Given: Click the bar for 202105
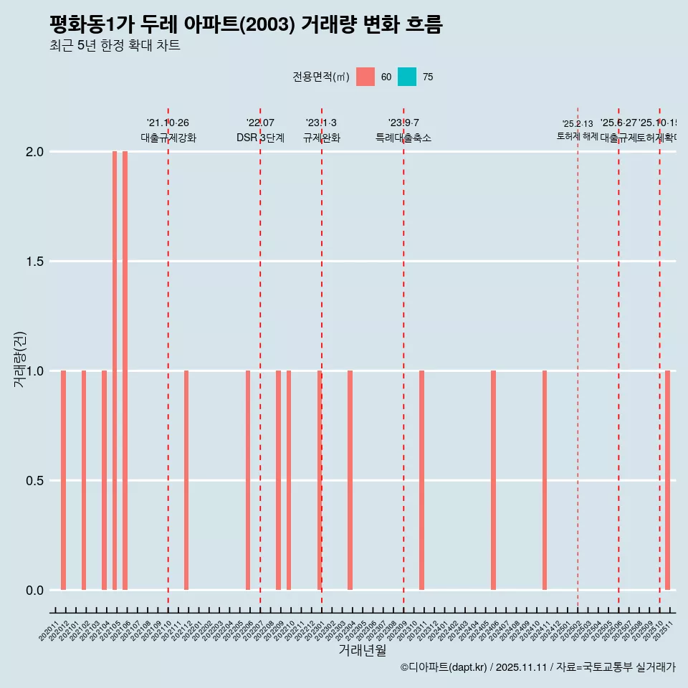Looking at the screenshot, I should [x=115, y=371].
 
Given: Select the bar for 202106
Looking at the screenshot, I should [x=125, y=371].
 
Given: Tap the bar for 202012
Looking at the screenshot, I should [x=63, y=480].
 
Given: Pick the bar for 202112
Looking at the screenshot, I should [x=186, y=480].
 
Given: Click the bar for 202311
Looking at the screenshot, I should [x=422, y=480].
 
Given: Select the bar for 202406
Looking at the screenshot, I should [x=494, y=480].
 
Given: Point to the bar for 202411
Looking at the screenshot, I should [x=545, y=480].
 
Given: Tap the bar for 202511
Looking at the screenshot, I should [x=667, y=480].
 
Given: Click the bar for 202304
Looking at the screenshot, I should [x=350, y=480].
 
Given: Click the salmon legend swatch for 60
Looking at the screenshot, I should [x=365, y=77].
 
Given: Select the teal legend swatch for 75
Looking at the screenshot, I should [x=407, y=77].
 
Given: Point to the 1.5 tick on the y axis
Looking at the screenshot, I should [x=34, y=262].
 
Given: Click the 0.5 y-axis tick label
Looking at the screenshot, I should [x=34, y=481].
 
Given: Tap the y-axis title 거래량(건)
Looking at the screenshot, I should [x=19, y=360].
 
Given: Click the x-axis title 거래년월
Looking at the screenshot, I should [x=362, y=651].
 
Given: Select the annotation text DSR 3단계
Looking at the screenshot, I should [x=260, y=138].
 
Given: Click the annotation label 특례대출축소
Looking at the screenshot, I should [x=403, y=138].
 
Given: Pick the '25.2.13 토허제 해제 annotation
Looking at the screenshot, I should [x=578, y=130].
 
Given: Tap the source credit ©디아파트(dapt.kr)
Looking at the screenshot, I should [x=444, y=668].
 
